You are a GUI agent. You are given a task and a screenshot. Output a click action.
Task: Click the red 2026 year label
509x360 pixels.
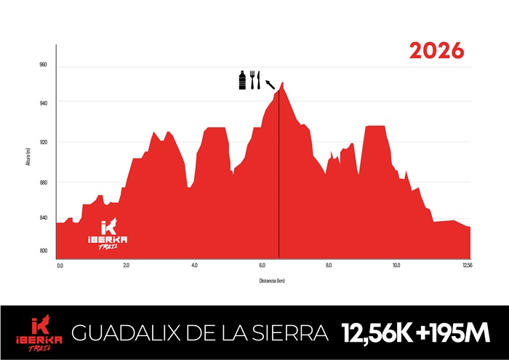[436, 51]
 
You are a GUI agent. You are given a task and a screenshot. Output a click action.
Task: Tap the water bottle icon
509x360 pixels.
[243, 79]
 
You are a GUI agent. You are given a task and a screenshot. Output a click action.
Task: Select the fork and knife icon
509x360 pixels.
[254, 79]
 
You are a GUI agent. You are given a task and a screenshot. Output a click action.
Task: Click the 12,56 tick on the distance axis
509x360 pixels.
[468, 265]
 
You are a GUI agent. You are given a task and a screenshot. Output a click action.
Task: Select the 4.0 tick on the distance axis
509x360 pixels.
[194, 265]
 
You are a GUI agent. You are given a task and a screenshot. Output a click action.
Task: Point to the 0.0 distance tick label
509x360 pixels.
[60, 265]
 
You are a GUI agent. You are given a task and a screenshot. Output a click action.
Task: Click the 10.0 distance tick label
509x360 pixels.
[396, 265]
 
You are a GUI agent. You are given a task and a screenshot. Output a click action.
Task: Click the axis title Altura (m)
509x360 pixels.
[28, 156]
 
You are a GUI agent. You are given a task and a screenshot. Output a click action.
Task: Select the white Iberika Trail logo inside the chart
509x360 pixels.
[108, 235]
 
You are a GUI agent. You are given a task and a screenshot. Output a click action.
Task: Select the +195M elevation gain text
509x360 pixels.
[451, 334]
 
